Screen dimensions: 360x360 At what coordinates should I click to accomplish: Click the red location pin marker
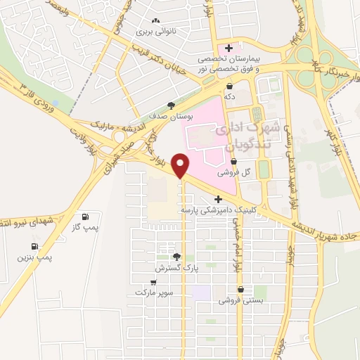click(x=181, y=165)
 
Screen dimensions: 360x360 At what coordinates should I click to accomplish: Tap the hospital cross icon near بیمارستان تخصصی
click(x=229, y=47)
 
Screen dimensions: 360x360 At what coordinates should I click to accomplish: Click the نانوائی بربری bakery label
click(x=154, y=32)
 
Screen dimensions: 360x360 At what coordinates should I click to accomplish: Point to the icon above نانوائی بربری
click(x=154, y=22)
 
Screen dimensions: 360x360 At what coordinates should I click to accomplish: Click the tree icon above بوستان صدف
click(x=172, y=105)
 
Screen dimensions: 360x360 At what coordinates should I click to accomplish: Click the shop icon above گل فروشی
click(x=234, y=161)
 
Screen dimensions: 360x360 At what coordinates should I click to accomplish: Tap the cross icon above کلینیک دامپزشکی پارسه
click(x=219, y=199)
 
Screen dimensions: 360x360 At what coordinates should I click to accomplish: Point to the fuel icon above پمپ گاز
click(x=86, y=217)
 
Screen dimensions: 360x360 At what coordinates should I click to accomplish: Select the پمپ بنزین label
click(x=35, y=257)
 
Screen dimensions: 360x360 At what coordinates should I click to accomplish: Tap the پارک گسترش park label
click(x=177, y=269)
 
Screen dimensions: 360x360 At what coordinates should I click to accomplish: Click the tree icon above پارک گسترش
click(x=177, y=257)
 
